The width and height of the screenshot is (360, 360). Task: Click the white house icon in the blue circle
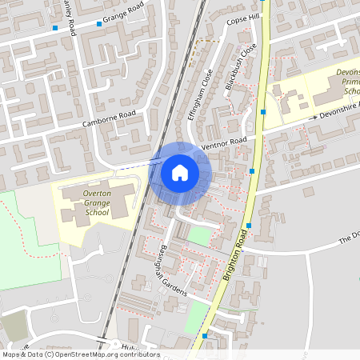pos(179,172)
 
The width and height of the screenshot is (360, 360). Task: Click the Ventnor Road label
pos(225,144)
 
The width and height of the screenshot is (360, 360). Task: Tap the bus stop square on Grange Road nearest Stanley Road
pos(55,28)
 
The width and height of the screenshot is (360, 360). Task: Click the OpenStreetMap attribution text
pos(80,354)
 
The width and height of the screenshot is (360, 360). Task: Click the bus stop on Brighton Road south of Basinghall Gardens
pos(205,337)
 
